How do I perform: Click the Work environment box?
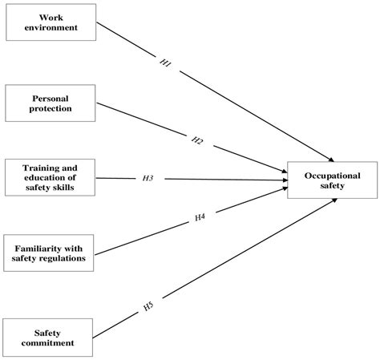[51, 22]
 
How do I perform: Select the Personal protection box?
[51, 102]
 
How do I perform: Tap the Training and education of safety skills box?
[51, 176]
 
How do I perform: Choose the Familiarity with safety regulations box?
[51, 253]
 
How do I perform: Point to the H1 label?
[165, 64]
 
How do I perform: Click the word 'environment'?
[51, 28]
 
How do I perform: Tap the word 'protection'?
[51, 107]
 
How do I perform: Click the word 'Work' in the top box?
[51, 17]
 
